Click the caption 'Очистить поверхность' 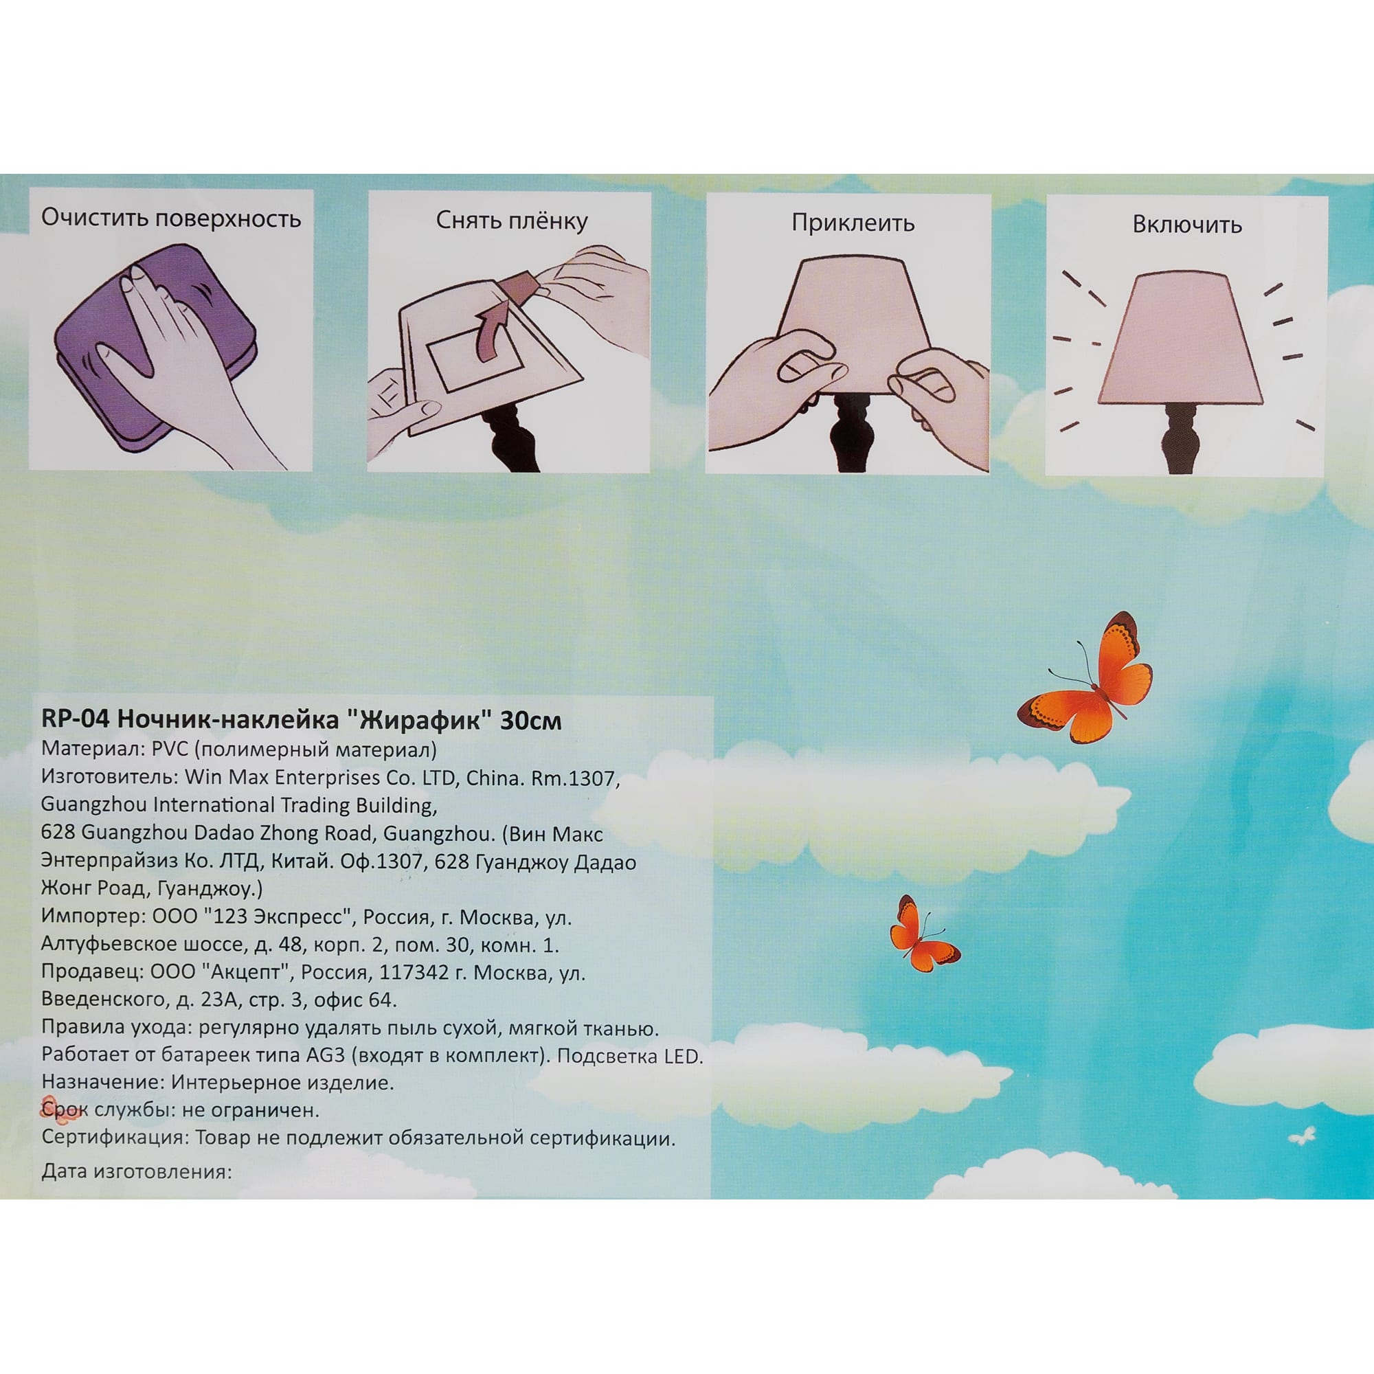(x=170, y=218)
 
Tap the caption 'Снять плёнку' (x=511, y=221)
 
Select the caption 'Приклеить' (x=852, y=223)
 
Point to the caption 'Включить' (x=1187, y=225)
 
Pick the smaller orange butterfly (x=922, y=934)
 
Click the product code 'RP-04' (x=75, y=721)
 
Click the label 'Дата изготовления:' (x=137, y=1171)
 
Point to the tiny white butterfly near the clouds (x=1302, y=1136)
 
